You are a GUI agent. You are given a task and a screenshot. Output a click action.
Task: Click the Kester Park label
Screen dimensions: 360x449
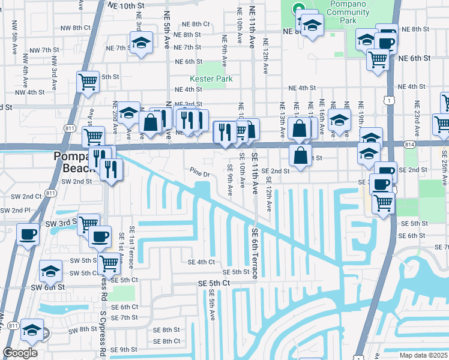coord(211,79)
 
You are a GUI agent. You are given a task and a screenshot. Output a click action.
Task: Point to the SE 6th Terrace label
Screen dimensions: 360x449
coord(255,253)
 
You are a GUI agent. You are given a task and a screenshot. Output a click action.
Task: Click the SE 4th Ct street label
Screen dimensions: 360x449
coord(201,262)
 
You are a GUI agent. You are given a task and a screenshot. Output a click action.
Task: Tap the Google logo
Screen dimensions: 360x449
coord(20,353)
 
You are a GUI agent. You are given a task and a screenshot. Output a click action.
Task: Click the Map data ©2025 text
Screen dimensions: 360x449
coord(423,355)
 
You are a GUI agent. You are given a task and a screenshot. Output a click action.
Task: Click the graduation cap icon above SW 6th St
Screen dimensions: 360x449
coord(51,271)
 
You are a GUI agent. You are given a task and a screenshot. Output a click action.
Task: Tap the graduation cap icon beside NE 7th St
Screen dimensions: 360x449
coord(141,44)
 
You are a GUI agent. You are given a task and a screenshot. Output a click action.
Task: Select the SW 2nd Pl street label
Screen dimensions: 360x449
coord(15,210)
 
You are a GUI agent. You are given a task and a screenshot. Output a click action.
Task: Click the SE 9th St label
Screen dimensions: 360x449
coord(120,349)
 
